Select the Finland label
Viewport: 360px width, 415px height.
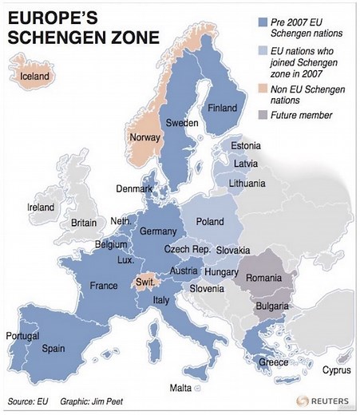tap(222, 108)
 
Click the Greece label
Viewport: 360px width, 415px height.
tap(273, 362)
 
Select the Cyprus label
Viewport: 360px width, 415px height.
tap(335, 370)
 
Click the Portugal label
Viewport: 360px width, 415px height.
tap(22, 336)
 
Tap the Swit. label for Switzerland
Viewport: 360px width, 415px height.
tap(145, 283)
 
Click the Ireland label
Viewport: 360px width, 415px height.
tap(41, 207)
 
